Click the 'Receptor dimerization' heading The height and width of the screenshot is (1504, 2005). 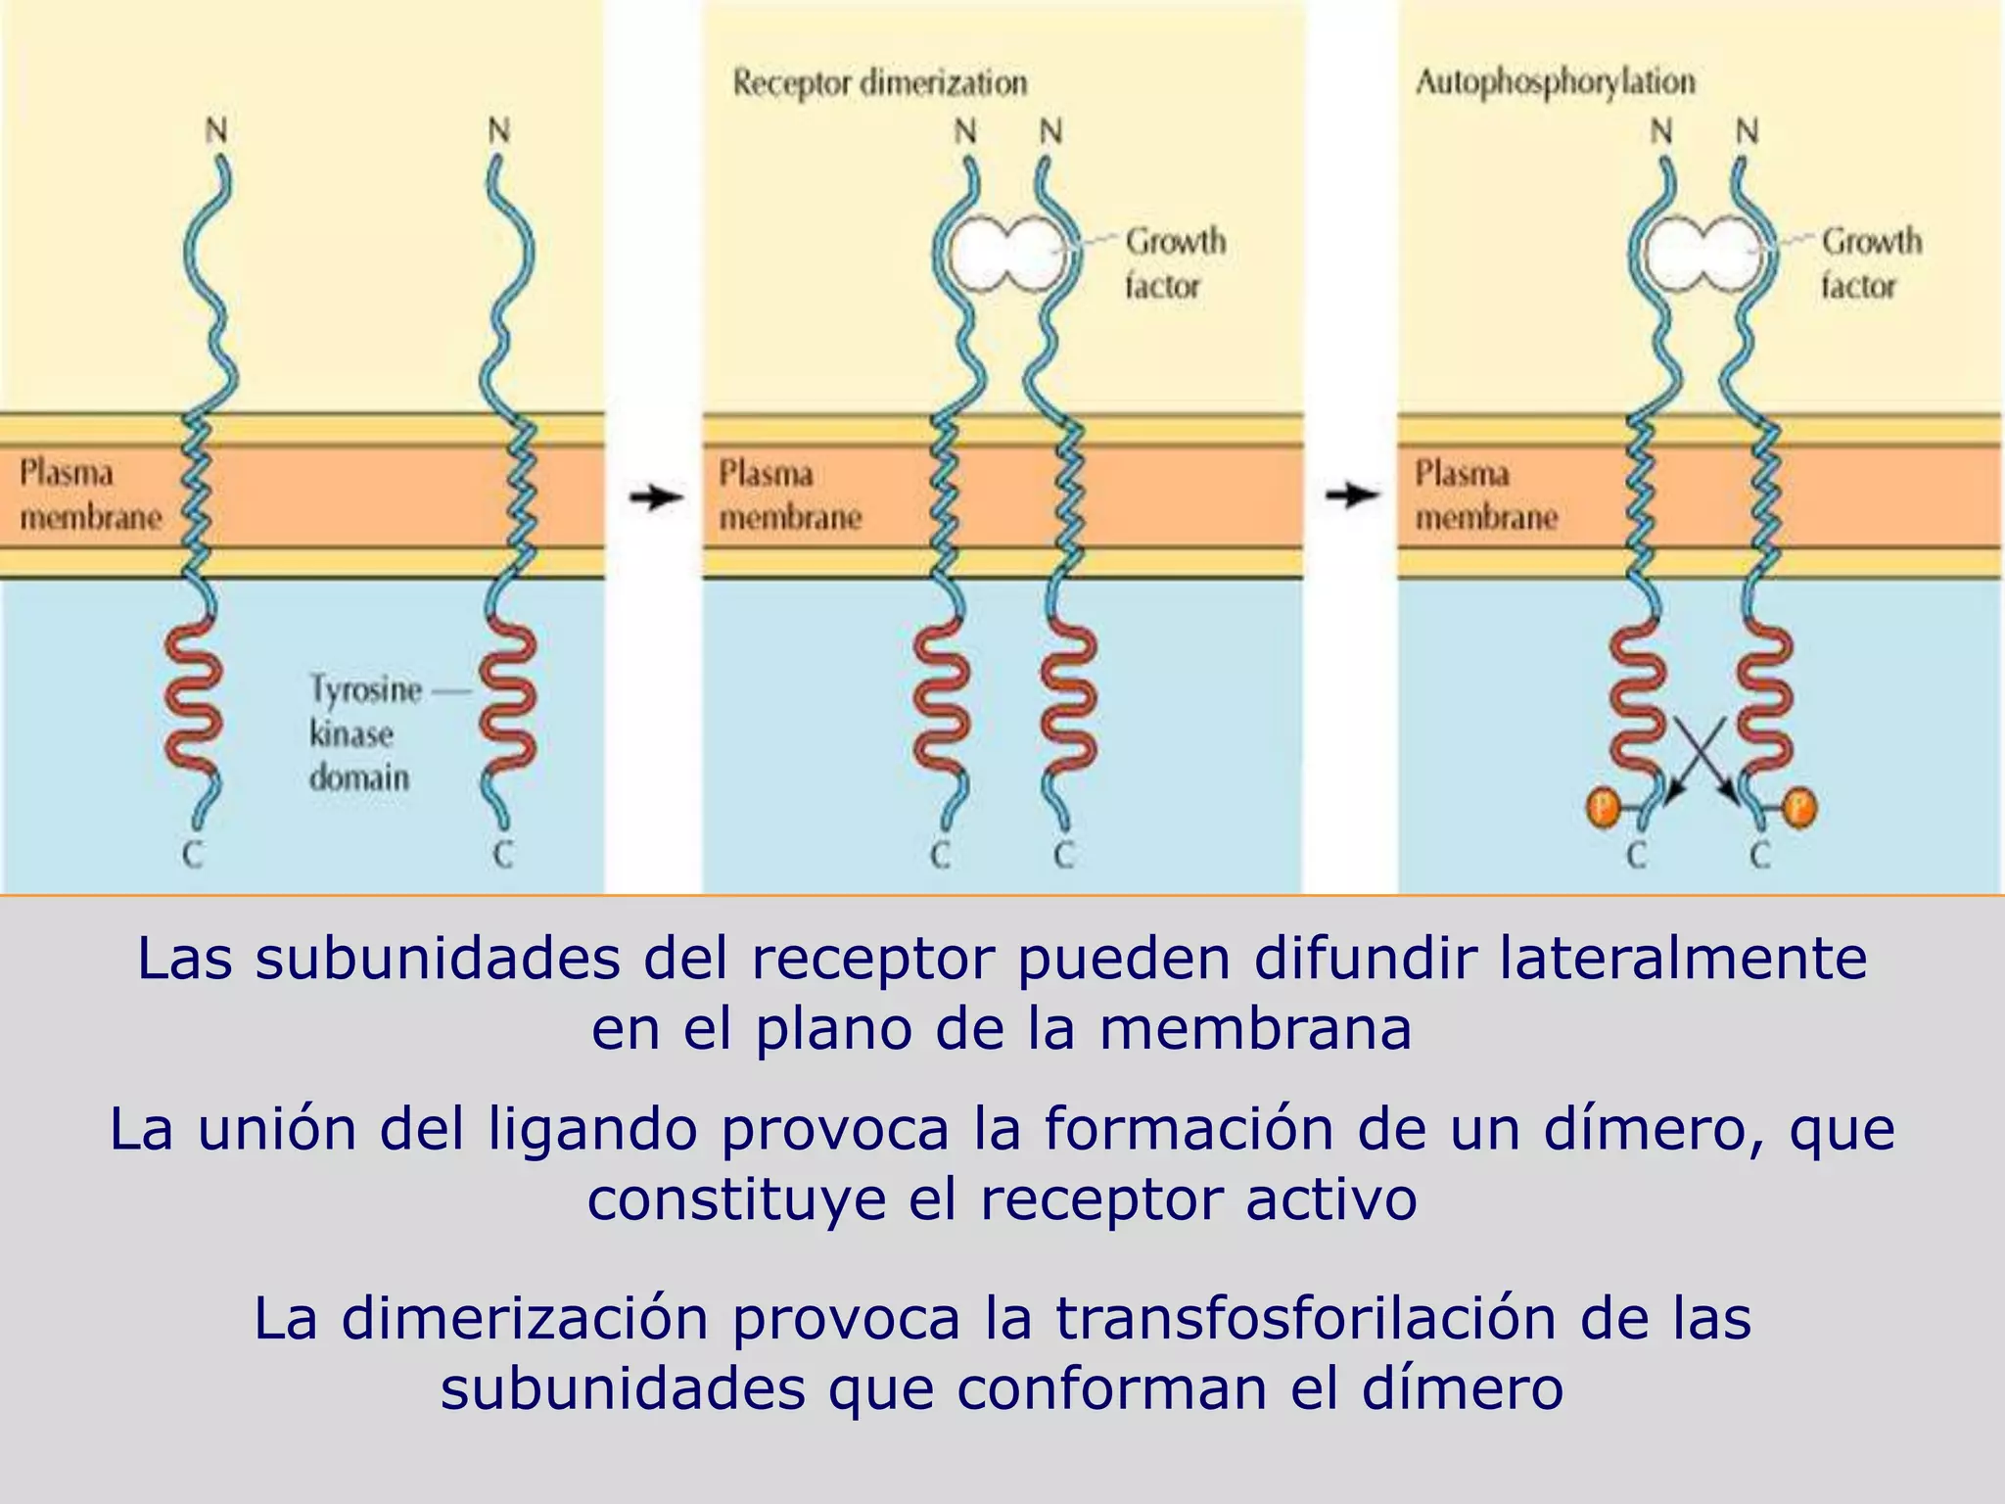click(x=880, y=83)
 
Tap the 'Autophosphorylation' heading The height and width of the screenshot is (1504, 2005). click(x=1556, y=83)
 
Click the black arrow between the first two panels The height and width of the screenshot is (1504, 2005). click(x=656, y=496)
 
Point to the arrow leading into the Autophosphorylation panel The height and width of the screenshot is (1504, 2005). click(x=1353, y=495)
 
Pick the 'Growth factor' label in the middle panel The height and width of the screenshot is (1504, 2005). click(x=1175, y=263)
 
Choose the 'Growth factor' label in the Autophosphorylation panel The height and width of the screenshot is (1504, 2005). click(x=1871, y=263)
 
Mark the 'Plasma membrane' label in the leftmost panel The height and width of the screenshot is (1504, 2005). click(x=90, y=495)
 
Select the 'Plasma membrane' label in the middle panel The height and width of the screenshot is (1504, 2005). click(x=790, y=495)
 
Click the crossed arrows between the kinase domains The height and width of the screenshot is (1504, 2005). click(x=1703, y=759)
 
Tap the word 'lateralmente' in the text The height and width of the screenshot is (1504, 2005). click(x=1683, y=959)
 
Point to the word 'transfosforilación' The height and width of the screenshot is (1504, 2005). click(x=1306, y=1319)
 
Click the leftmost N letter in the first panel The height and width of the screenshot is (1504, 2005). click(x=216, y=130)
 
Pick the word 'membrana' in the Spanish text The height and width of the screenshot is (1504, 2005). click(x=1256, y=1029)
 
